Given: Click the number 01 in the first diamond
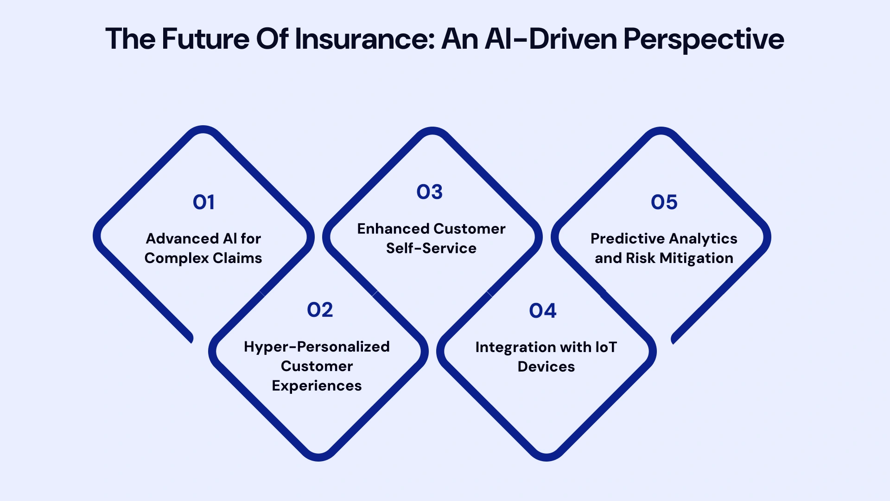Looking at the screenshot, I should [203, 202].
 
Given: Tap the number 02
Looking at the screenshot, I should [320, 310].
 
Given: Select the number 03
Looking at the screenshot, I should [429, 192].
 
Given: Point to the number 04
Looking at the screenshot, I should [542, 311].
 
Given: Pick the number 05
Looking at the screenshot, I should [664, 202].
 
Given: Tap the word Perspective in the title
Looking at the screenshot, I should [703, 39].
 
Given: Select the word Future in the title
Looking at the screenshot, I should [205, 39].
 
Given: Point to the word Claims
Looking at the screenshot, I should [237, 258].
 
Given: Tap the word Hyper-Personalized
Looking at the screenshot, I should [317, 347].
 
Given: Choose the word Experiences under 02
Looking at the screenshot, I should [317, 385].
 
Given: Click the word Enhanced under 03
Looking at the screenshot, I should [393, 229].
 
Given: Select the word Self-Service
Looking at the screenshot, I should [431, 248].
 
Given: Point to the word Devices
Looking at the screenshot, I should [546, 366].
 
